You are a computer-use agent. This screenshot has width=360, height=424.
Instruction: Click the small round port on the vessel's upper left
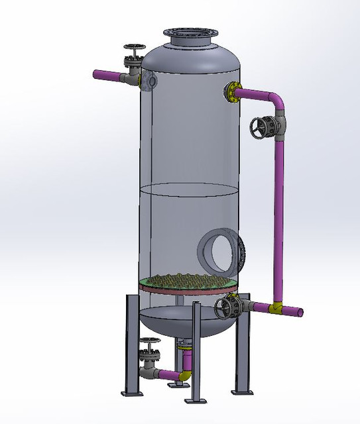[x=152, y=80]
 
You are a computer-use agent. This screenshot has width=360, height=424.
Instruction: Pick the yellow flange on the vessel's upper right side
[x=233, y=91]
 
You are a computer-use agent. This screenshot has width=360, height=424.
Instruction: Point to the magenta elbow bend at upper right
[x=276, y=100]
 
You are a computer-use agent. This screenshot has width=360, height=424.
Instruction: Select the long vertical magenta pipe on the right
[x=278, y=212]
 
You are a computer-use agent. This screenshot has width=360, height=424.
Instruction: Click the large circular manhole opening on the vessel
[x=217, y=250]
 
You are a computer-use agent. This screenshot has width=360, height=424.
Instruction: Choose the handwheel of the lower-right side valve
[x=229, y=307]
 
